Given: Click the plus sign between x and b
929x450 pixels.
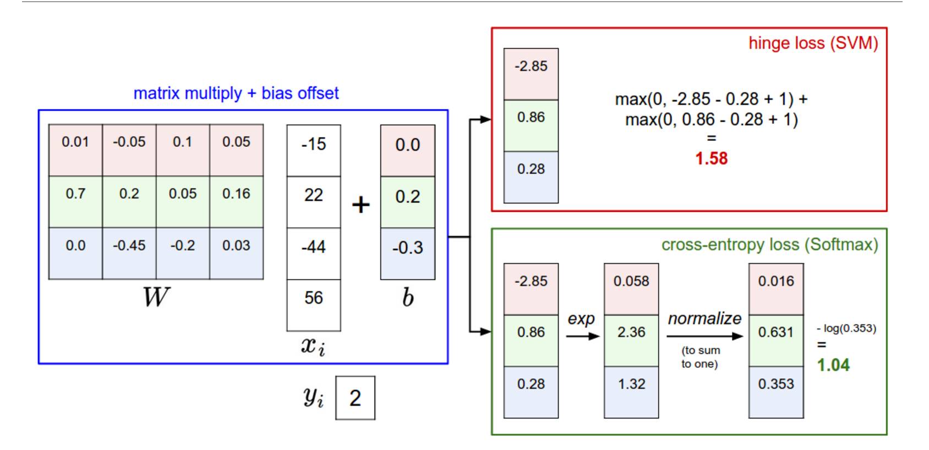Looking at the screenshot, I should (x=360, y=205).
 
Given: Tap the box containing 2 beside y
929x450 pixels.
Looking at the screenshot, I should (x=355, y=398).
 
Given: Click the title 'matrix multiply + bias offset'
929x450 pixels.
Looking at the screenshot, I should (x=236, y=94).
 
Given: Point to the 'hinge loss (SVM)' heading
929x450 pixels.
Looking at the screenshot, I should (x=813, y=43).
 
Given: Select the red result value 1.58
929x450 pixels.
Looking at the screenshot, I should (x=711, y=158).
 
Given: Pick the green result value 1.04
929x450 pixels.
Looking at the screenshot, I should (x=833, y=365).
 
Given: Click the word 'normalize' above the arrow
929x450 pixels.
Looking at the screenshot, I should (x=704, y=319).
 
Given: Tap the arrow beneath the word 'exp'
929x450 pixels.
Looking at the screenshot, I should (x=582, y=335).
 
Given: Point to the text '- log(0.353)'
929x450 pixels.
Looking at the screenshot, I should (x=846, y=328).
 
